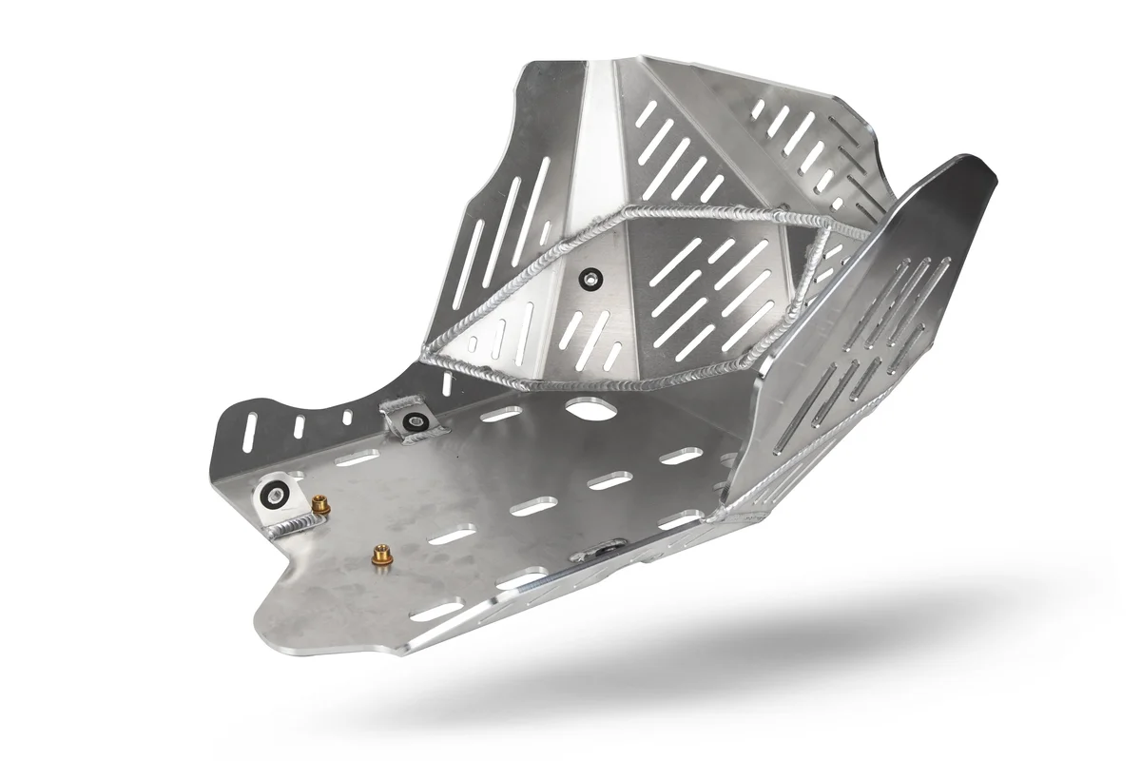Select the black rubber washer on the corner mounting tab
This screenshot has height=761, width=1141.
tap(275, 493)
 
